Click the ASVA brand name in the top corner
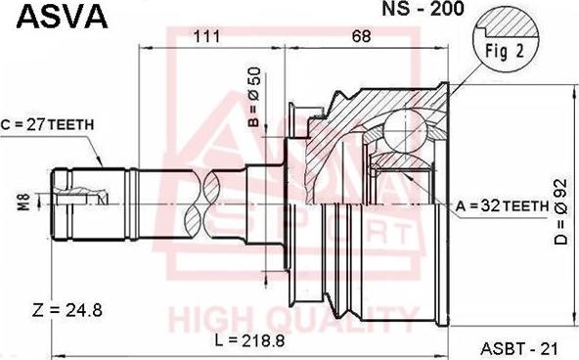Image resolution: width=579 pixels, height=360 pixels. coord(62,17)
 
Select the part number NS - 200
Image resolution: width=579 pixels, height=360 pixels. coord(423,9)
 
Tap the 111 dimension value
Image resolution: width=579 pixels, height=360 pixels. coord(206,36)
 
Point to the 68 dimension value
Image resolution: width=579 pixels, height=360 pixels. coord(361,36)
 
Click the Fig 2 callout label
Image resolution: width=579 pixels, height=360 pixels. coord(505,51)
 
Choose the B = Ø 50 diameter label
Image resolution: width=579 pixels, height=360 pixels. coord(254,97)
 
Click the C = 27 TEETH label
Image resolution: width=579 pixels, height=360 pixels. coord(47,125)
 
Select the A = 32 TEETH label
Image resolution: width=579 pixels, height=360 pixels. coord(502,206)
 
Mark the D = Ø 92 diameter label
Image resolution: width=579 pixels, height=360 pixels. coord(560,212)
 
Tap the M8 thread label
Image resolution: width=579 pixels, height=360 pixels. coord(24,202)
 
